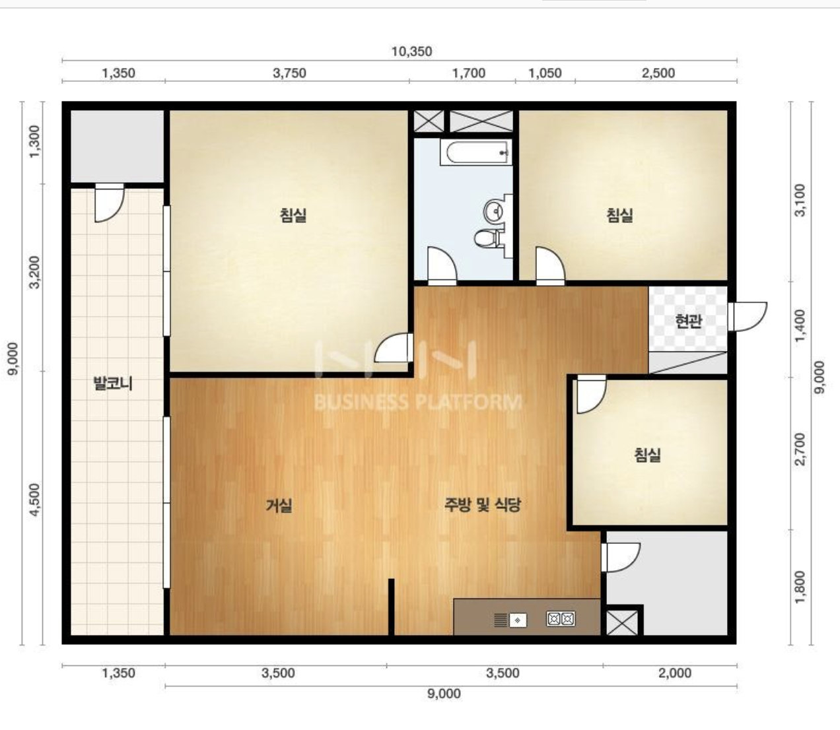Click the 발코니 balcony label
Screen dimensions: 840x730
[113, 383]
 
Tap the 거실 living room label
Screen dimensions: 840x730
[279, 505]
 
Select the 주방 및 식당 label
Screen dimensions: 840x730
[482, 504]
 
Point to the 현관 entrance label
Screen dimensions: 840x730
[688, 321]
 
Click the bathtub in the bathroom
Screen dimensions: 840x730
[476, 152]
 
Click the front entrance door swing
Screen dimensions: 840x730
[747, 316]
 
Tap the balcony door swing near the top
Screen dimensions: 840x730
[110, 203]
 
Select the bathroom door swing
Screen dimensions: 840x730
[442, 265]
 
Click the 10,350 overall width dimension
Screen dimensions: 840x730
[411, 51]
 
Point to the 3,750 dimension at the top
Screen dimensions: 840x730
[289, 73]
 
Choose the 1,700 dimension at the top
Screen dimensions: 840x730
[469, 73]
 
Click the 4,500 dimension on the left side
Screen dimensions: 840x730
[36, 500]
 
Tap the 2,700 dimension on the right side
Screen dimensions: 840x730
[800, 449]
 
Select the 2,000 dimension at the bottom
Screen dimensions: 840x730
[675, 673]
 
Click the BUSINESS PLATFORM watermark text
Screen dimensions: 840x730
[418, 402]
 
